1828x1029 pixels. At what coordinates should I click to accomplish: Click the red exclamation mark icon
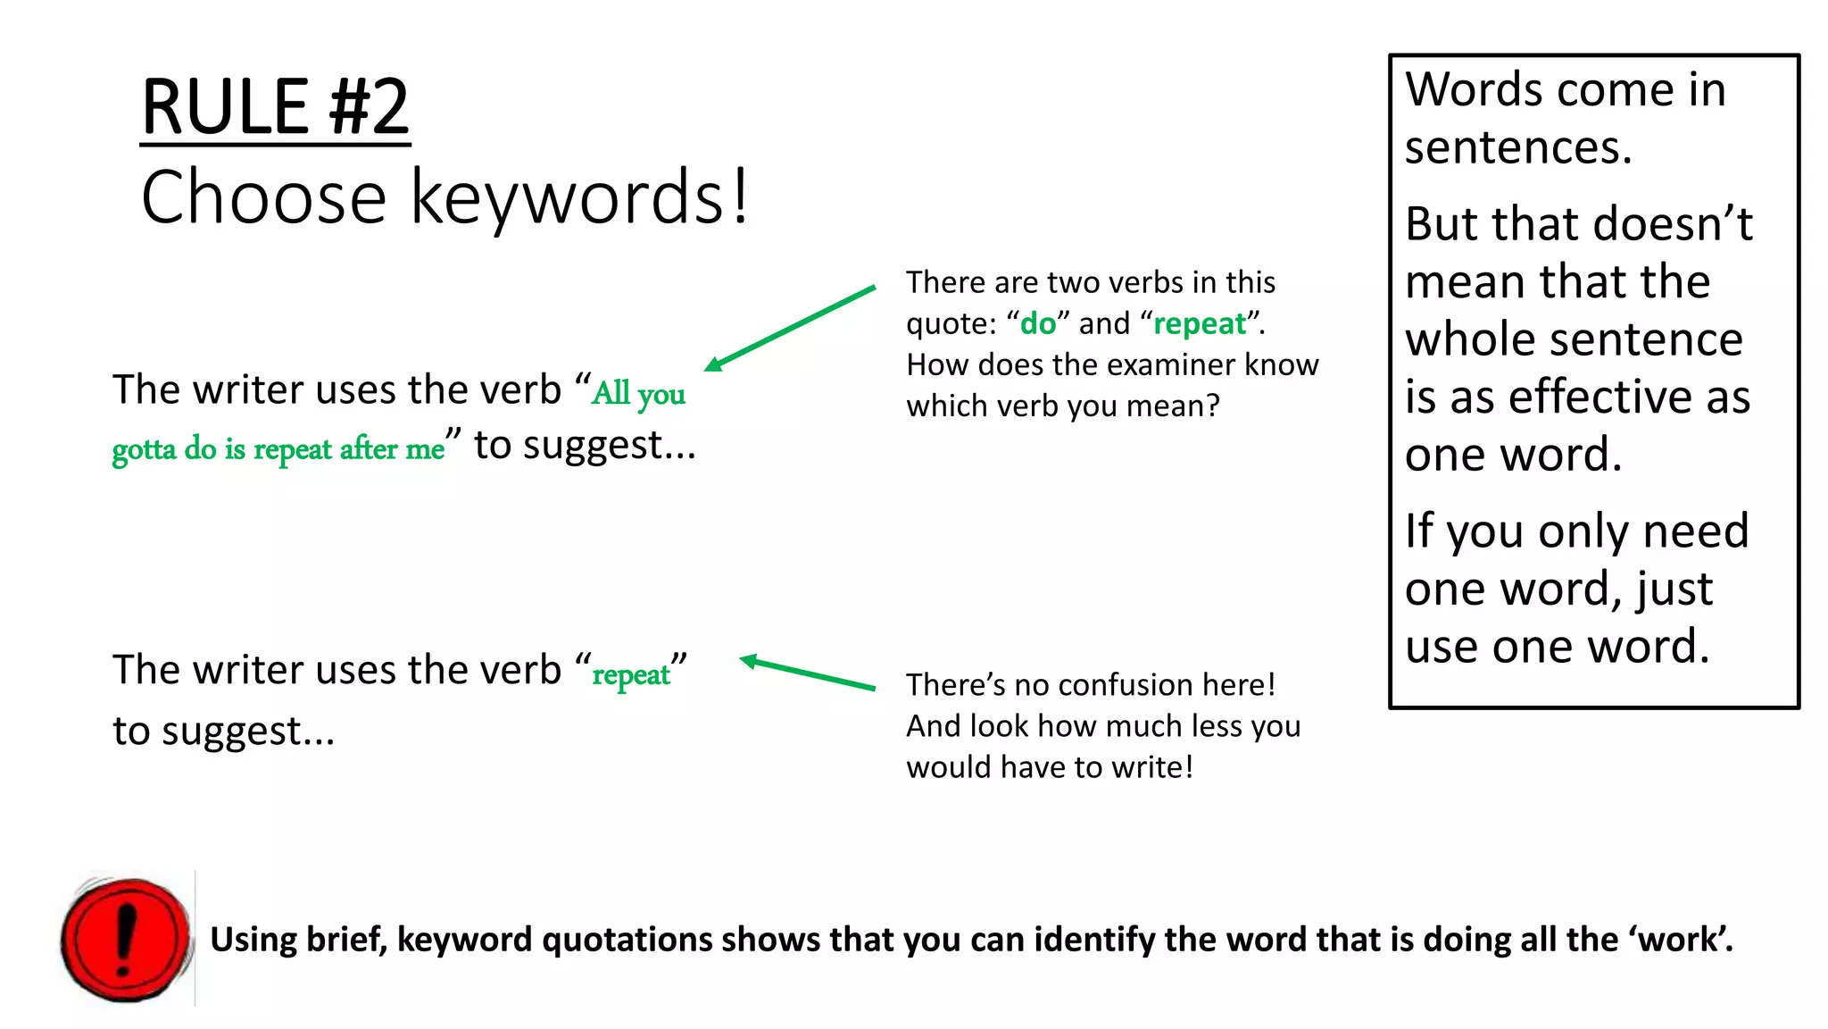point(126,940)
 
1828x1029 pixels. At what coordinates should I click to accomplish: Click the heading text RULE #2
point(275,107)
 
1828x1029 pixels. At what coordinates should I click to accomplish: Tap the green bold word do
point(1037,323)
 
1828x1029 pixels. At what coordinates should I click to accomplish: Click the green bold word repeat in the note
point(1199,323)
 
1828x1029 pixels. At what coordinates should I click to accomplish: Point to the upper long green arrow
point(790,327)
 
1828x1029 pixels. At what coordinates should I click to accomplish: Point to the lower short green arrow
point(808,673)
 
